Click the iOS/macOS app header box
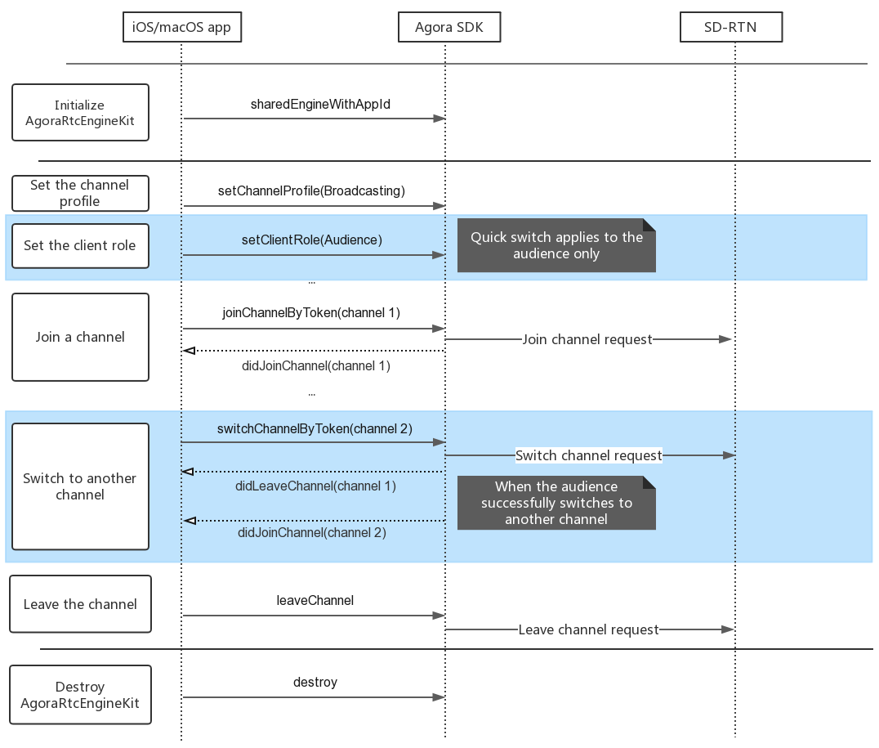[x=182, y=27]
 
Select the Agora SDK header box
[x=449, y=27]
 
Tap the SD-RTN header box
[x=731, y=27]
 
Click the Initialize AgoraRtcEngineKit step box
[x=80, y=112]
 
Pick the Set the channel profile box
[x=80, y=193]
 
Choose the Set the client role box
[x=80, y=246]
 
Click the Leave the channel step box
[x=80, y=604]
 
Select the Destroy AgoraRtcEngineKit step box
[x=80, y=695]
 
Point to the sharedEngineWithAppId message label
[x=321, y=105]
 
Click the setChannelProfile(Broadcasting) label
[x=312, y=190]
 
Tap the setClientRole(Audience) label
[x=312, y=240]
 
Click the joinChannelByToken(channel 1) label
[x=311, y=312]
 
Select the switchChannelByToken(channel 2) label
[x=315, y=428]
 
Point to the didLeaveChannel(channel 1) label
[x=315, y=486]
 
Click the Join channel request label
[x=587, y=339]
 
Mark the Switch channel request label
[x=589, y=455]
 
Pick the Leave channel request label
[x=589, y=629]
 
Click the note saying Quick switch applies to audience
[x=556, y=245]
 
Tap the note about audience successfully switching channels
[x=556, y=503]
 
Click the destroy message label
[x=315, y=683]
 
